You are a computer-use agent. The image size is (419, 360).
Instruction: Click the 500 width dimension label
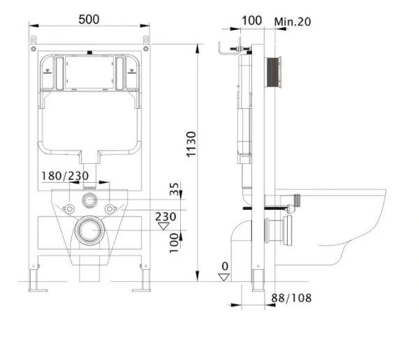[x=89, y=20]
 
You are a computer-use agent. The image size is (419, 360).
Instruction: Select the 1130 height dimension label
[x=191, y=144]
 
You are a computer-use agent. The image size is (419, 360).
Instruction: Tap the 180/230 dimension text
[x=65, y=176]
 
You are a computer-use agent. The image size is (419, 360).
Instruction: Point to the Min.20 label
[x=293, y=22]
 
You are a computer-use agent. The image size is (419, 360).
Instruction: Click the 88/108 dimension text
[x=291, y=298]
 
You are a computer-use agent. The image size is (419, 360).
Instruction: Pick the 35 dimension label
[x=174, y=189]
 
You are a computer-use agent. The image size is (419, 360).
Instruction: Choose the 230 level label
[x=166, y=216]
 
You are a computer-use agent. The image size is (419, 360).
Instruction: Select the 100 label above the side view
[x=251, y=20]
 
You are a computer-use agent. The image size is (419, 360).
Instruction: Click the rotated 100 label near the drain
[x=174, y=243]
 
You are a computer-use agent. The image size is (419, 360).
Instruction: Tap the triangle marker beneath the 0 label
[x=224, y=277]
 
